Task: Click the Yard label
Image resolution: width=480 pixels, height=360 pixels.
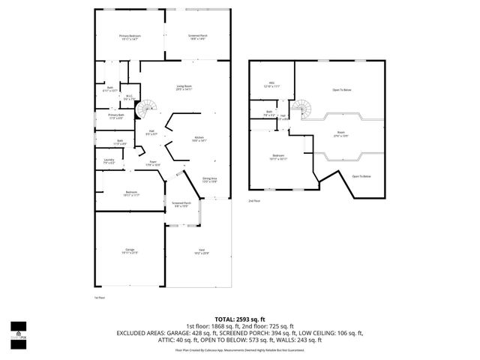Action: click(x=202, y=251)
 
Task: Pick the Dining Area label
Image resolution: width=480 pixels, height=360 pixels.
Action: click(x=209, y=179)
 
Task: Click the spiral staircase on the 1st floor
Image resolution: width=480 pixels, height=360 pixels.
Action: click(x=151, y=107)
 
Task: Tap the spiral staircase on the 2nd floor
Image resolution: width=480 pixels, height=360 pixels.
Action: click(x=301, y=109)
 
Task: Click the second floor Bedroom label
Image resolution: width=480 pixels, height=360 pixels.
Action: click(x=277, y=157)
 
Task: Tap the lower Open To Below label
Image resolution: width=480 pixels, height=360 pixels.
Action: click(x=361, y=175)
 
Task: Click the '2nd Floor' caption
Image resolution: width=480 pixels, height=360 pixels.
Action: click(x=255, y=201)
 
